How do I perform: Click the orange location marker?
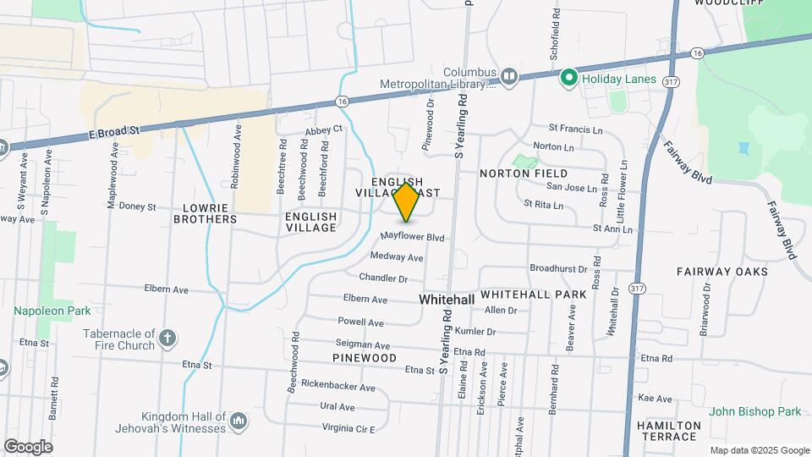click(407, 202)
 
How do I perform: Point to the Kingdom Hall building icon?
click(239, 421)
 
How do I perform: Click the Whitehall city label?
click(447, 300)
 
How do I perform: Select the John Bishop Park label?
click(754, 411)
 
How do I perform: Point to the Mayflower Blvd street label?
click(412, 238)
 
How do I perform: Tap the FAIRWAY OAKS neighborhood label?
click(721, 272)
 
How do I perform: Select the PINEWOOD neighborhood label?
click(365, 358)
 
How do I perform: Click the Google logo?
click(28, 446)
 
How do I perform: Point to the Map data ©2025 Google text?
click(759, 450)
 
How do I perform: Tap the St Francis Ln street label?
click(575, 129)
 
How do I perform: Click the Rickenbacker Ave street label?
click(337, 387)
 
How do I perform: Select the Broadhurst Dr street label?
click(558, 268)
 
